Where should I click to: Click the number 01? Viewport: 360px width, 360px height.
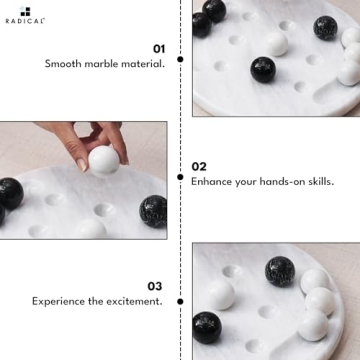coord(158,48)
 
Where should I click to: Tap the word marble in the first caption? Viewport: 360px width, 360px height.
coord(104,64)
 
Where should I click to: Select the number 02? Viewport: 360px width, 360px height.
coord(199,166)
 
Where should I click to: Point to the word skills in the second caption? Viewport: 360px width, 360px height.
coord(317,182)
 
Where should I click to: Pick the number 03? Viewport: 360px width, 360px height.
coord(154,285)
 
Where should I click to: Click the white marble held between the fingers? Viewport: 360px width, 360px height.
coord(103,160)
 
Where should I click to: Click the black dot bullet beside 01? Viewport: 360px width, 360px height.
coord(180,59)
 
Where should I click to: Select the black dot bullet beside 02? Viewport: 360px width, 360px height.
coord(180,178)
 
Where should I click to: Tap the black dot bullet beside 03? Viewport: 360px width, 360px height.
coord(180,300)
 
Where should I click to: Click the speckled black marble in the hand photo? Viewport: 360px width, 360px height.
coord(153,210)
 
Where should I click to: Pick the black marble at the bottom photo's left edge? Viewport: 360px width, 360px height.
coord(206,326)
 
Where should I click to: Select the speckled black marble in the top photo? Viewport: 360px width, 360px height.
coord(325,28)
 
